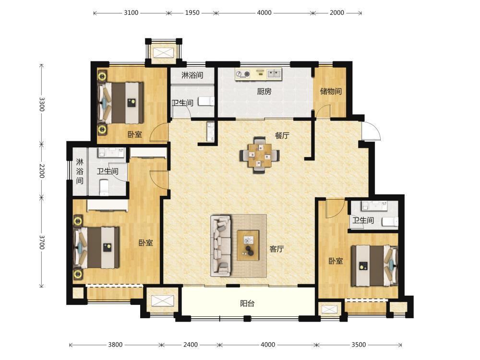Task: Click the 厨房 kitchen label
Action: (264, 91)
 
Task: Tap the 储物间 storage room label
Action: (331, 91)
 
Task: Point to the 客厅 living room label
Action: (276, 249)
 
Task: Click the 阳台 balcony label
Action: (247, 303)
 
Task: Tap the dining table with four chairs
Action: (259, 155)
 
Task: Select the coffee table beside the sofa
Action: (248, 245)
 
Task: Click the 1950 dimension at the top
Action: (192, 13)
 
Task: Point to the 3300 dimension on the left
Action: (42, 104)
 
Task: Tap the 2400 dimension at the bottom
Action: (191, 345)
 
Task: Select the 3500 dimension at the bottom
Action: (359, 345)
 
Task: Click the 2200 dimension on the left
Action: (42, 171)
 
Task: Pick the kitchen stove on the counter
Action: (243, 74)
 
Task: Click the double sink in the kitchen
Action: (274, 73)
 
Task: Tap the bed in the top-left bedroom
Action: (120, 103)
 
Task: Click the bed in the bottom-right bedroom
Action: (374, 265)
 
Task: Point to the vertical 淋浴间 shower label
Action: (80, 171)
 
